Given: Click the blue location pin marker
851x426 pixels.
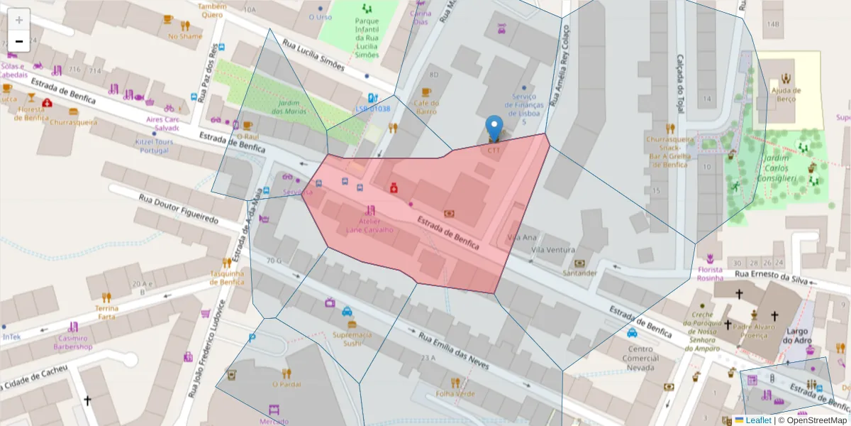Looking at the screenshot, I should (494, 129).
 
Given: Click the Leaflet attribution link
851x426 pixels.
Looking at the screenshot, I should (758, 420).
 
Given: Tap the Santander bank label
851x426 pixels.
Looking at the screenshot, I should (580, 273).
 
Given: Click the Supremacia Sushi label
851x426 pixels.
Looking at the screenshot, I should (352, 339).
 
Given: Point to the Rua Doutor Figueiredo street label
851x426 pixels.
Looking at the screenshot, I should (179, 209).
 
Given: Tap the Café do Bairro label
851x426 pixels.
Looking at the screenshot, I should (425, 107).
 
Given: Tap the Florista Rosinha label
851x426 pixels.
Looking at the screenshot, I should (710, 274).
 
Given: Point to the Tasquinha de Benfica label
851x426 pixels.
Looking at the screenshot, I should (227, 278).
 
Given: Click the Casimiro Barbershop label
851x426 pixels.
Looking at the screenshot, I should (74, 343).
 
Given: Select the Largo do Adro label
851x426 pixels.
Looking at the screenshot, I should (797, 336).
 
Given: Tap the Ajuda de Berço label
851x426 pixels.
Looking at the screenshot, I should (786, 94).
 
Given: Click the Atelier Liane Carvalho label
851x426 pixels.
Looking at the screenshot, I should (369, 225).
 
